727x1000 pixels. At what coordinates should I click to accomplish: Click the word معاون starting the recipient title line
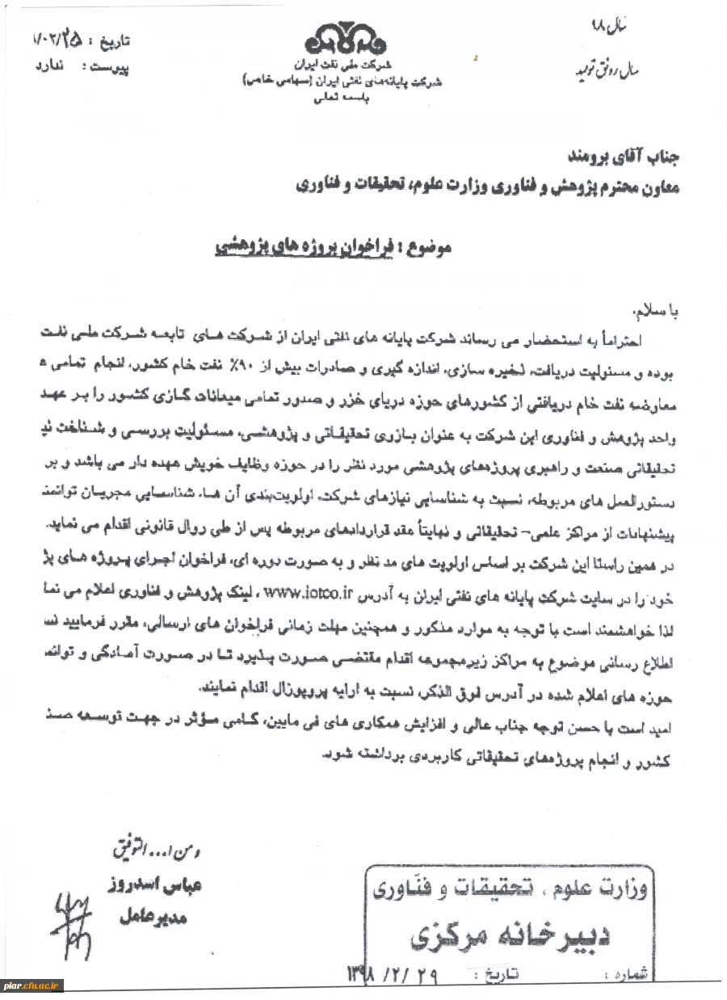tap(657, 187)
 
